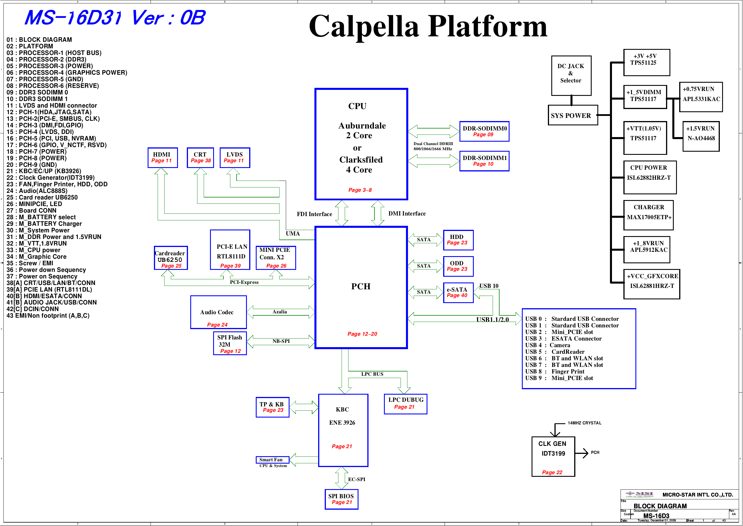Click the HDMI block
tap(163, 158)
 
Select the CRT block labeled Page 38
tap(200, 158)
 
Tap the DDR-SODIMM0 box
tap(484, 132)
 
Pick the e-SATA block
tap(458, 293)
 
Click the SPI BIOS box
tap(341, 499)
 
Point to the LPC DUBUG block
tap(405, 404)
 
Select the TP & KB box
tap(272, 408)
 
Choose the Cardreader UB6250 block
tap(171, 258)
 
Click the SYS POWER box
tap(572, 115)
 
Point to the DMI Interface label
tap(407, 214)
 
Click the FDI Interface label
tap(314, 214)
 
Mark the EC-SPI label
tap(356, 479)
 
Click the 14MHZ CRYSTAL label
tap(585, 423)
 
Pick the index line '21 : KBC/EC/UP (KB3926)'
tap(44, 171)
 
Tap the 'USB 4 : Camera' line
tap(548, 345)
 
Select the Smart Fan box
tap(272, 460)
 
